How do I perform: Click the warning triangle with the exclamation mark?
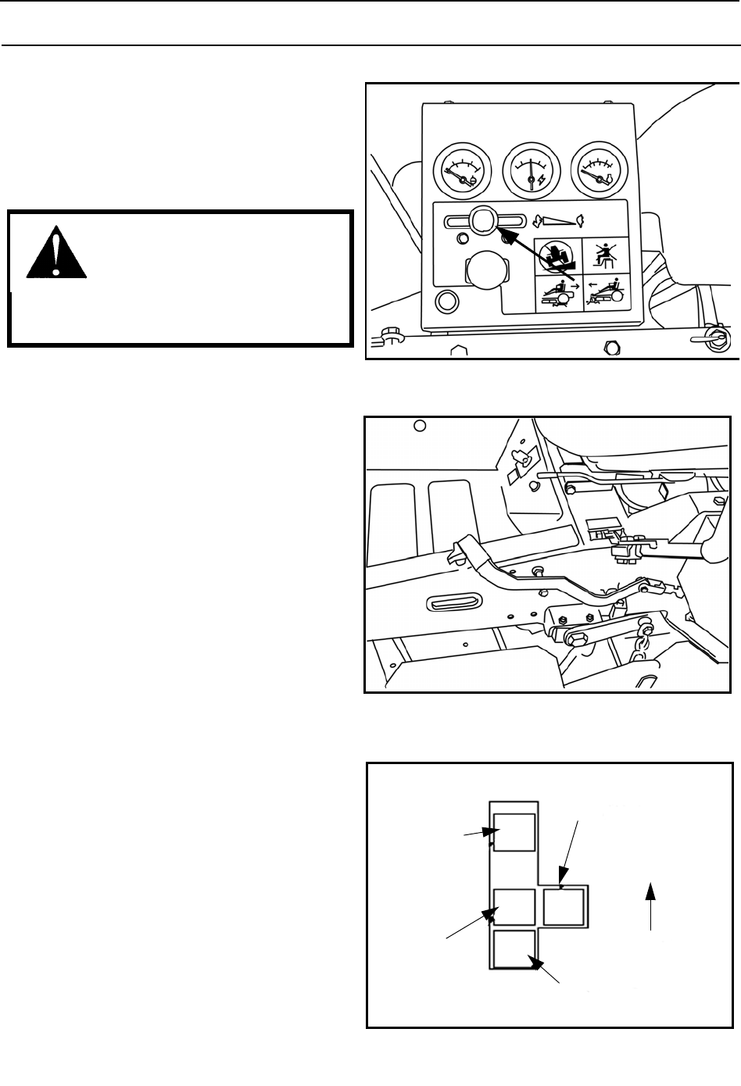click(x=55, y=252)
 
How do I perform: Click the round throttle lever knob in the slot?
click(x=482, y=220)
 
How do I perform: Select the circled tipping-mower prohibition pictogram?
click(x=558, y=255)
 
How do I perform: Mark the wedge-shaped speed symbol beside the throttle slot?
click(x=563, y=221)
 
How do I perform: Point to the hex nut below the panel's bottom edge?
click(x=612, y=347)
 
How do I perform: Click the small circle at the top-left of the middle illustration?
click(x=419, y=426)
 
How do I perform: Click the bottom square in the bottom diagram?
click(x=514, y=949)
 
